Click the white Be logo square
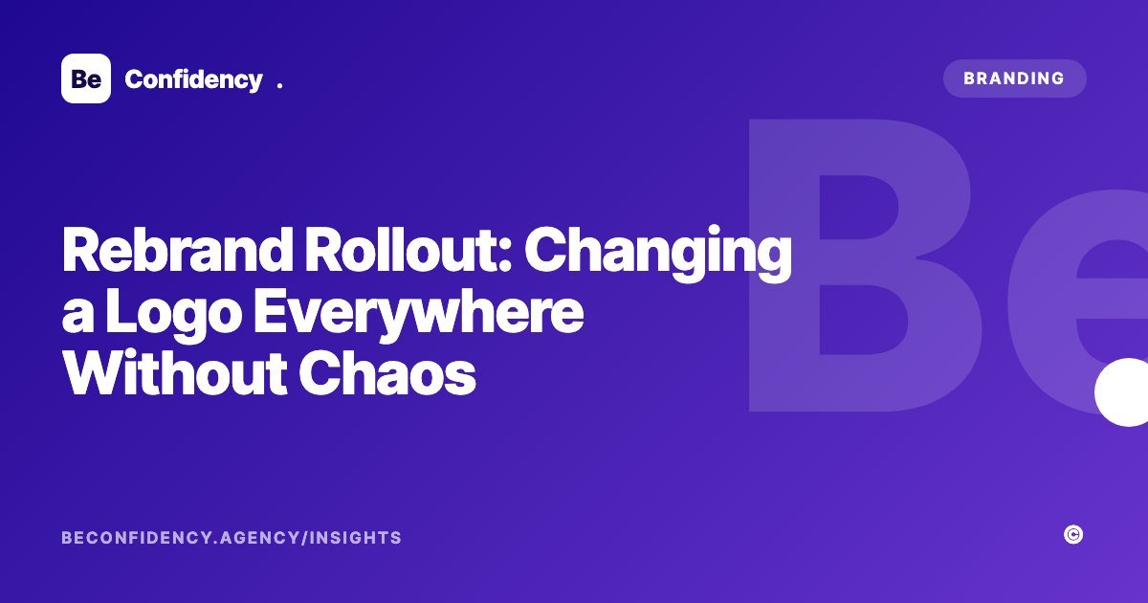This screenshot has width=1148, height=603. tap(86, 78)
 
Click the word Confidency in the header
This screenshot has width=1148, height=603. tap(193, 80)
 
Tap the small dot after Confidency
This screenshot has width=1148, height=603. tap(279, 85)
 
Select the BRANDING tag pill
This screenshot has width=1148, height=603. tap(1015, 78)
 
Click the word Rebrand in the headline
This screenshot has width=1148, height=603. tap(177, 250)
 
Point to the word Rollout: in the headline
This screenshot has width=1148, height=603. tap(408, 250)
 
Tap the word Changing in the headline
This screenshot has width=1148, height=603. tap(658, 254)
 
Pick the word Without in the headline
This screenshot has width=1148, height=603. tap(174, 372)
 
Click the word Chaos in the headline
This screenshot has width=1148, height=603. tap(387, 372)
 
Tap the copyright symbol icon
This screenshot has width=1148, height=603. tap(1073, 535)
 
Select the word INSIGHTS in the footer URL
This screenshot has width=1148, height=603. tap(356, 538)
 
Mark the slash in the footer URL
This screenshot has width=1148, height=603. tap(305, 538)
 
